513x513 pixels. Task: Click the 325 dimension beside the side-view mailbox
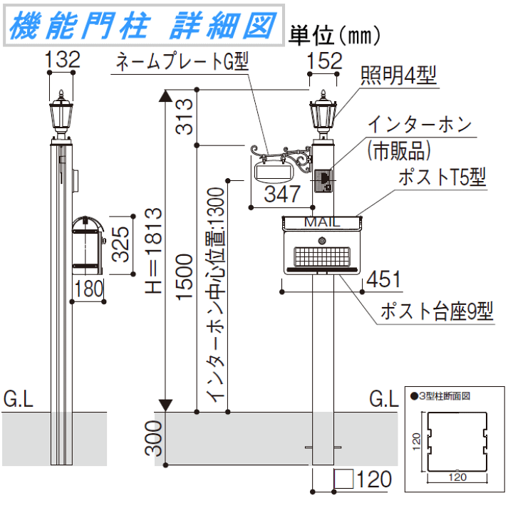click(x=121, y=244)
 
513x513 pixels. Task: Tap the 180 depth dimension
click(x=89, y=289)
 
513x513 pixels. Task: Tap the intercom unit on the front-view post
click(x=322, y=180)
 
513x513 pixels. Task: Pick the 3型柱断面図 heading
click(x=442, y=395)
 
